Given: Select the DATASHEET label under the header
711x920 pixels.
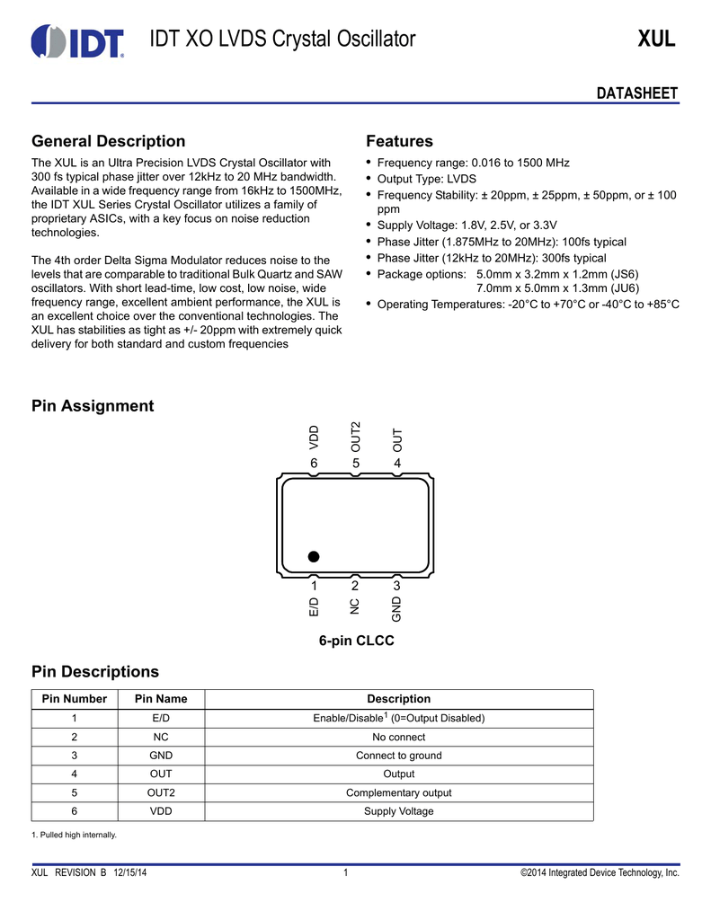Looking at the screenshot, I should [x=637, y=94].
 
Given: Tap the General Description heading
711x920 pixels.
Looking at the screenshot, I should [x=109, y=141].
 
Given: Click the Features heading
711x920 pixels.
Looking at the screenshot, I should [x=399, y=141].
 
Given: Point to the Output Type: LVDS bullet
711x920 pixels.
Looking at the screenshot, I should [x=426, y=179].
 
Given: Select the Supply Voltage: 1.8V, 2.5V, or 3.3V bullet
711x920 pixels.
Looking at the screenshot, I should [x=467, y=225].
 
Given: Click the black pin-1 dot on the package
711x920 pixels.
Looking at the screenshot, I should [x=313, y=556].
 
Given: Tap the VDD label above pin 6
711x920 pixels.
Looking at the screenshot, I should [x=314, y=437].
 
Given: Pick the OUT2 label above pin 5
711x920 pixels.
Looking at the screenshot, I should [x=355, y=436].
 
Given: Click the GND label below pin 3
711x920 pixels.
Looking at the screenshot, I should [x=396, y=609].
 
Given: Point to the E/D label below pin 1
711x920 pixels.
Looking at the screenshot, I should [x=314, y=607].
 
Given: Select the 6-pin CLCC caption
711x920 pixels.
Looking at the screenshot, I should [x=356, y=641].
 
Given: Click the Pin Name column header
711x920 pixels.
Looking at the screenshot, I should [x=161, y=699].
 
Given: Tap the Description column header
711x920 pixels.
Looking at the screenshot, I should [x=398, y=699].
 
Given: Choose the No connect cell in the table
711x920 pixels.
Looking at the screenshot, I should [x=398, y=737].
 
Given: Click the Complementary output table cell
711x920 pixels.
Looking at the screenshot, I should [x=398, y=792].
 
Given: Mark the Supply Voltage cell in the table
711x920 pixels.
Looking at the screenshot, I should [x=398, y=811].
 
